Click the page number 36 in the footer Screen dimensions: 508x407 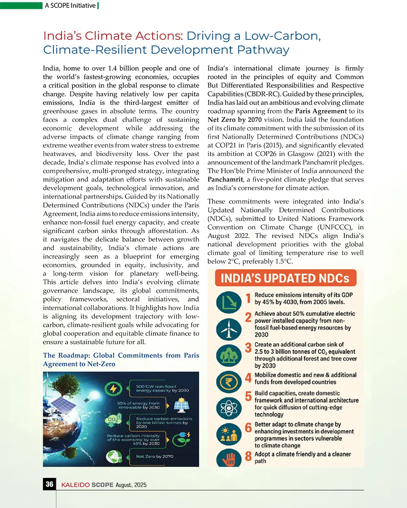pyautogui.click(x=49, y=484)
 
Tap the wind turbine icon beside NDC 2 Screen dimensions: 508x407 pyautogui.click(x=229, y=328)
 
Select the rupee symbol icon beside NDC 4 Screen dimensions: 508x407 pyautogui.click(x=229, y=382)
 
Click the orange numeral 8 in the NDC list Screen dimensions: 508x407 pyautogui.click(x=248, y=457)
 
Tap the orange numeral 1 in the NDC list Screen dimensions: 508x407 pyautogui.click(x=248, y=299)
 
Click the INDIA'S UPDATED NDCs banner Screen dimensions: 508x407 pyautogui.click(x=285, y=278)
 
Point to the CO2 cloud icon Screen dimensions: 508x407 pyautogui.click(x=112, y=420)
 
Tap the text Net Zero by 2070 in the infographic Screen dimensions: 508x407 pyautogui.click(x=155, y=456)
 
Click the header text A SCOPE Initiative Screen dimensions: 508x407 pyautogui.click(x=70, y=5)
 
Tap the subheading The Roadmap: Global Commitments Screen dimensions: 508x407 pyautogui.click(x=121, y=355)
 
